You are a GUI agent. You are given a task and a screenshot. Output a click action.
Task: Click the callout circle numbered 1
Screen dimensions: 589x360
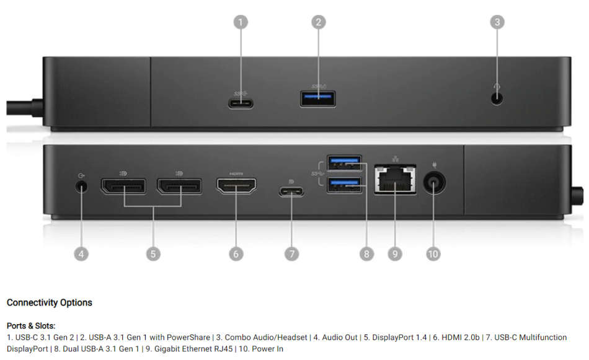coord(241,22)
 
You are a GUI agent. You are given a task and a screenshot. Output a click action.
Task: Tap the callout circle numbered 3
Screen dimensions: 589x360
coord(497,22)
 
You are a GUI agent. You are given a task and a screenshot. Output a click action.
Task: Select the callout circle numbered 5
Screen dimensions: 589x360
coord(153,254)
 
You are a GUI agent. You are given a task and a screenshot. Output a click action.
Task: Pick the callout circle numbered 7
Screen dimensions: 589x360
coord(292,254)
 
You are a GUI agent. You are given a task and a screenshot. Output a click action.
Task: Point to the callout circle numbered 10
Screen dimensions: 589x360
coord(433,254)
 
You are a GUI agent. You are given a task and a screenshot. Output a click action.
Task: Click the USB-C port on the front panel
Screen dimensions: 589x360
coord(241,103)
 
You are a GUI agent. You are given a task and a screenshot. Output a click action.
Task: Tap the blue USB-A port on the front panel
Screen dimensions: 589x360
coord(318,99)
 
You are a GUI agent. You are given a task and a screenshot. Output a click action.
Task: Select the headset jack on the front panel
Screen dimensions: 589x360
coord(497,99)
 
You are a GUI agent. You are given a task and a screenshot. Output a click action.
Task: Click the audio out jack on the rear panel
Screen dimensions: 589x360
coord(81,186)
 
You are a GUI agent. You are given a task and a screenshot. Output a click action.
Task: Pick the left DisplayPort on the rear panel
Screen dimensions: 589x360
coord(123,186)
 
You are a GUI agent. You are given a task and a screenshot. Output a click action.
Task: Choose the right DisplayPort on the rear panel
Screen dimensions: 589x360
coord(180,186)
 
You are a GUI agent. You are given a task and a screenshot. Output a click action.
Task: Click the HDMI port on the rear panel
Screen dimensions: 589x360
coord(236,186)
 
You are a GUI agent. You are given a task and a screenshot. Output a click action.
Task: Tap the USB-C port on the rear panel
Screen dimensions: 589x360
coord(291,192)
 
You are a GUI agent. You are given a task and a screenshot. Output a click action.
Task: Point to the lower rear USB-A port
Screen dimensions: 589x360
coord(345,184)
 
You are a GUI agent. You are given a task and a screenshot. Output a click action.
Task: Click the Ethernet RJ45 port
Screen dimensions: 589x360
coord(395,180)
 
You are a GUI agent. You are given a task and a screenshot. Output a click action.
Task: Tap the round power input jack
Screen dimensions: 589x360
coord(434,183)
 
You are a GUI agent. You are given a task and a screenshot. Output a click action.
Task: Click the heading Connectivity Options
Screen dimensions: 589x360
coord(49,302)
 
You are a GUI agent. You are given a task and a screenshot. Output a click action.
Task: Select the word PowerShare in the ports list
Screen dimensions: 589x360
coord(188,338)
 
